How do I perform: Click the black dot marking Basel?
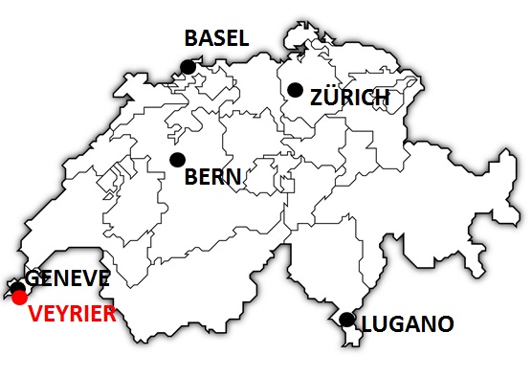[188, 66]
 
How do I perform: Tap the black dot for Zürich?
[295, 90]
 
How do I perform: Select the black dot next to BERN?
[176, 160]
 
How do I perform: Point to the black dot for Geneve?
[17, 286]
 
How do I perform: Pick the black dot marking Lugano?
[346, 320]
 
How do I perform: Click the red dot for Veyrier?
[18, 298]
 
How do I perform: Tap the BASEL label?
[216, 38]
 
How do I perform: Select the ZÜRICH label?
[349, 98]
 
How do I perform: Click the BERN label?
[212, 177]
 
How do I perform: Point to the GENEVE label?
[68, 278]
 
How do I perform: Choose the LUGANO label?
[407, 324]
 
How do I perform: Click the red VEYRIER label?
[72, 314]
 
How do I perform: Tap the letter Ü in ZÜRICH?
[330, 98]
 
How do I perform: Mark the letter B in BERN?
[190, 177]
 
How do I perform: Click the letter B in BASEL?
[191, 38]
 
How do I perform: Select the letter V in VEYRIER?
[35, 314]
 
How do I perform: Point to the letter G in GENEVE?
[33, 278]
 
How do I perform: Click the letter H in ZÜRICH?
[380, 98]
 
